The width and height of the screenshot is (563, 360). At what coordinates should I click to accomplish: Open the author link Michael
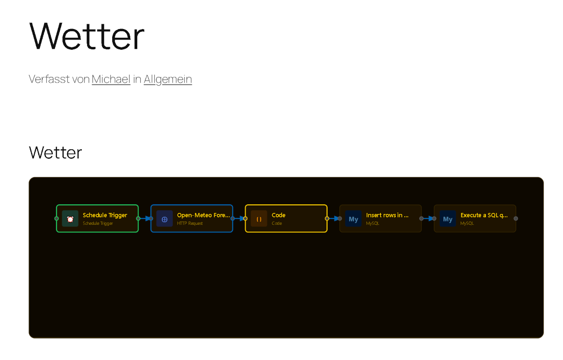click(x=111, y=79)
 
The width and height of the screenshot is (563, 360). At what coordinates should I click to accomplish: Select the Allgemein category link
click(x=168, y=79)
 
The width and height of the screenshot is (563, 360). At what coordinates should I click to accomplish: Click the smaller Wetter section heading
click(x=55, y=153)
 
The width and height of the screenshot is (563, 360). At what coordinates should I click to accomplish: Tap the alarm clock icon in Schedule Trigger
click(x=70, y=219)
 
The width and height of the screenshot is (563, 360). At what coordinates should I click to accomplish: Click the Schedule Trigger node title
click(x=105, y=215)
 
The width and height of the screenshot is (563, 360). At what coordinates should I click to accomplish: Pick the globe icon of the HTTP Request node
click(x=165, y=219)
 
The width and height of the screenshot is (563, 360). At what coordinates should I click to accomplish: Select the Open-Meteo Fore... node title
click(x=203, y=215)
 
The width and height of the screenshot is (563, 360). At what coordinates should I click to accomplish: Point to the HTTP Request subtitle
click(x=190, y=224)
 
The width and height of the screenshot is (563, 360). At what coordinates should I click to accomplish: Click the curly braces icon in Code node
click(x=259, y=219)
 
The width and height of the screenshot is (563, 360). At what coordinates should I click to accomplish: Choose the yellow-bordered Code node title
click(x=278, y=215)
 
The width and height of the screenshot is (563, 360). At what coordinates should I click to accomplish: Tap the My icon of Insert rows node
click(x=353, y=219)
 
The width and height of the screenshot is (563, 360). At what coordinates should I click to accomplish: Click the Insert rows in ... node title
click(x=387, y=215)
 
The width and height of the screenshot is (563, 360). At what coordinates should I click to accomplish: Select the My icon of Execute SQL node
click(x=448, y=219)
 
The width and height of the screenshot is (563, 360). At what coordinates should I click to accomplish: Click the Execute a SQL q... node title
click(x=484, y=215)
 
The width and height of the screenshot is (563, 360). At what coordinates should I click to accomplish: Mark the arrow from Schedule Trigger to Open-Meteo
click(x=145, y=218)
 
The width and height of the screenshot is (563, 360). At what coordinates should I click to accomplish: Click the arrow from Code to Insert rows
click(x=334, y=218)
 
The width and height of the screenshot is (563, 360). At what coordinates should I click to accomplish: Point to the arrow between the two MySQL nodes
click(x=428, y=218)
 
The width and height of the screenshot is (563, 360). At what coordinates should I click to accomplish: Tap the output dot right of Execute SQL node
click(x=516, y=218)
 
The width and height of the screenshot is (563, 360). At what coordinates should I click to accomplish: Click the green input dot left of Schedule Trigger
click(x=56, y=218)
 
